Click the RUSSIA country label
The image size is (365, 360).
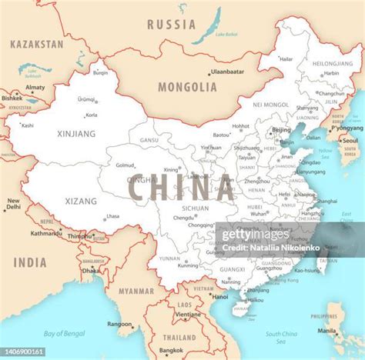pos(171,25)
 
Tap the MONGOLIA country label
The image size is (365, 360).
pos(187,87)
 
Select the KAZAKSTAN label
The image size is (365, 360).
pos(36,45)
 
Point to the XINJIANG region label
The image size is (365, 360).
pos(77,133)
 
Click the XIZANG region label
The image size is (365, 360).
pos(81,201)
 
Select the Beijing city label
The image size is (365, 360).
pos(282,131)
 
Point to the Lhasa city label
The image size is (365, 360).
pos(113,217)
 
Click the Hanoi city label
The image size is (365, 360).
pos(220,296)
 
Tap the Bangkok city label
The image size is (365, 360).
pos(172,350)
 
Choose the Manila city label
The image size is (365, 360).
pos(326,332)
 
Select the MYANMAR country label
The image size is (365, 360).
pos(136,291)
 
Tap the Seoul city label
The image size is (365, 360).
pos(350,141)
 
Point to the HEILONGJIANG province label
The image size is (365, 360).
pos(333,64)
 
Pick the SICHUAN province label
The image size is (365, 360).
pos(195,208)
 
